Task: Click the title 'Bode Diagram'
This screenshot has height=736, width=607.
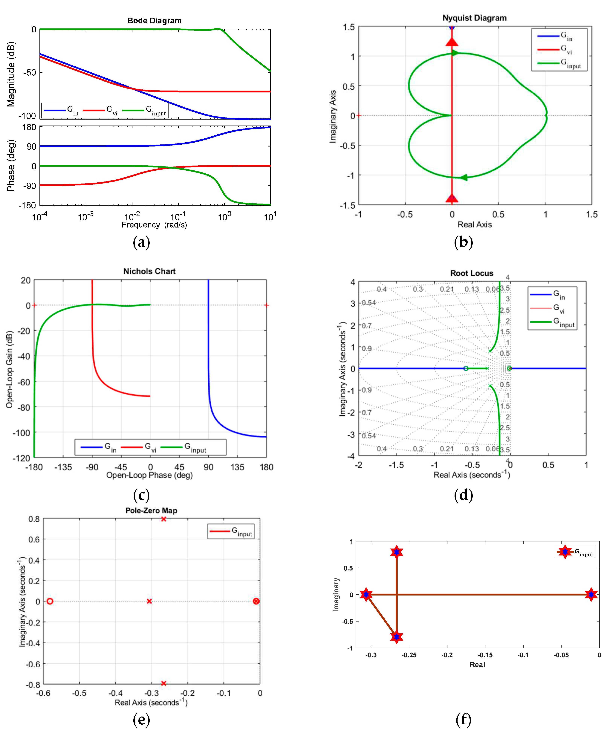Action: coord(154,21)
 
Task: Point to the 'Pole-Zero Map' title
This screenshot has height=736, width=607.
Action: coord(151,511)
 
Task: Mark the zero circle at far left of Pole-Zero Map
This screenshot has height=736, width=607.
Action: coord(50,601)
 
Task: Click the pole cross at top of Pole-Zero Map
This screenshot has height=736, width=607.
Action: coord(163,519)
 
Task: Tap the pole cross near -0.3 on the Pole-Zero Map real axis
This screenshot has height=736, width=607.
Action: coord(149,601)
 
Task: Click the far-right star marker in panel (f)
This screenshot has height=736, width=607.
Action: coord(591,594)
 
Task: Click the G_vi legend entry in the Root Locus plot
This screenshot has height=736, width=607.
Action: coord(558,308)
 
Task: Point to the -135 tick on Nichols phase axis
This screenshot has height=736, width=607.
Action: coord(63,467)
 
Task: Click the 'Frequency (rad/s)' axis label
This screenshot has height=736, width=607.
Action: coord(154,225)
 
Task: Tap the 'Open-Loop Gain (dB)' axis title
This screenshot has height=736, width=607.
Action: coord(9,369)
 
